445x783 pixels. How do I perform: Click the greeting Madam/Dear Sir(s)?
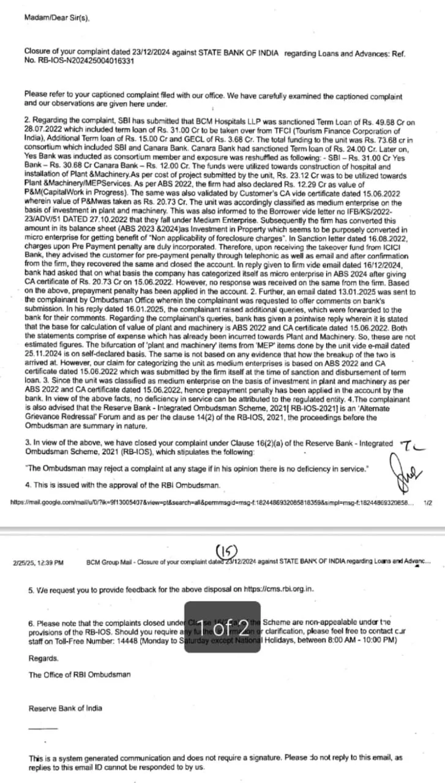pos(57,18)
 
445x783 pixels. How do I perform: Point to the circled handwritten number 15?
pos(226,550)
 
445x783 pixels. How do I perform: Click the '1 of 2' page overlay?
pos(223,627)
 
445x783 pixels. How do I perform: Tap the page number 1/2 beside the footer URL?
pos(427,503)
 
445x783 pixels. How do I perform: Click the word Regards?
pos(44,658)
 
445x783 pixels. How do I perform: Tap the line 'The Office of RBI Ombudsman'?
pos(80,675)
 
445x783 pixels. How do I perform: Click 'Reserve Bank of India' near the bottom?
pos(65,708)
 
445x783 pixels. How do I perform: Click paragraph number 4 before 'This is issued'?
pos(28,484)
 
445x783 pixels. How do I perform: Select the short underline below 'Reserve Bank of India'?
pos(42,728)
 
